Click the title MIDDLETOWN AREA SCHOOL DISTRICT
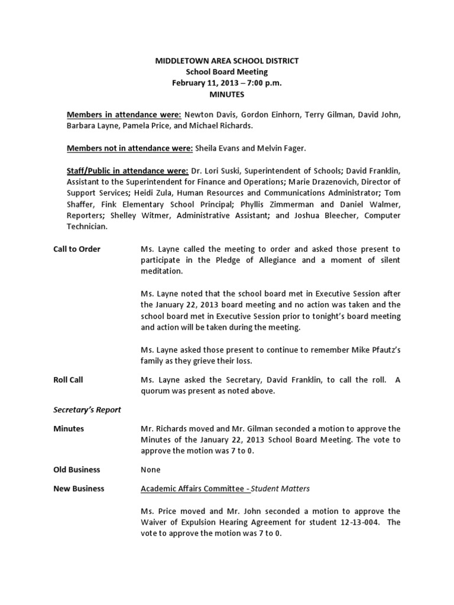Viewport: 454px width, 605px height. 227,60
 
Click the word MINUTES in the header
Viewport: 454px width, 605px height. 227,94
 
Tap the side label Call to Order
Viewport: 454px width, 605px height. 77,249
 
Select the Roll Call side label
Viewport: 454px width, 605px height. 68,380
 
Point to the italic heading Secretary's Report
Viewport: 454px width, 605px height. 87,409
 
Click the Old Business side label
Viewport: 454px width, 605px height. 77,470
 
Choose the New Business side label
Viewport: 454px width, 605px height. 79,489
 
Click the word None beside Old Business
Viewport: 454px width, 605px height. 150,470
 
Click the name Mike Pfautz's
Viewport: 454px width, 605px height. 373,350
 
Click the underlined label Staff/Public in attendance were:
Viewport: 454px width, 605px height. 127,170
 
